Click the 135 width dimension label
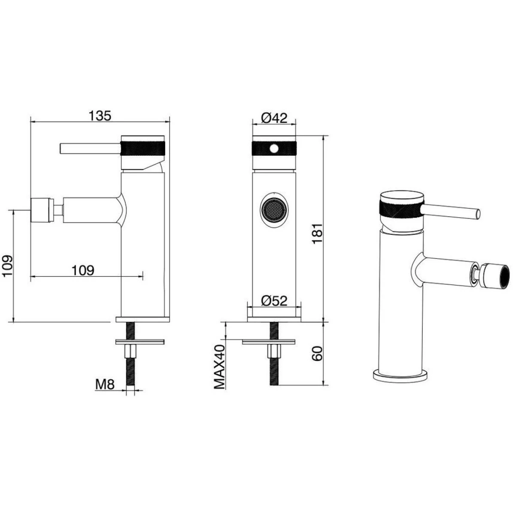(100, 116)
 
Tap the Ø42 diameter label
(274, 118)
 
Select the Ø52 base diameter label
(274, 301)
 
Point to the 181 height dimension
(318, 233)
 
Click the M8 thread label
(105, 385)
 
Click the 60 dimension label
(318, 353)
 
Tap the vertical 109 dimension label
(7, 266)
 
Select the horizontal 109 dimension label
(83, 270)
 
